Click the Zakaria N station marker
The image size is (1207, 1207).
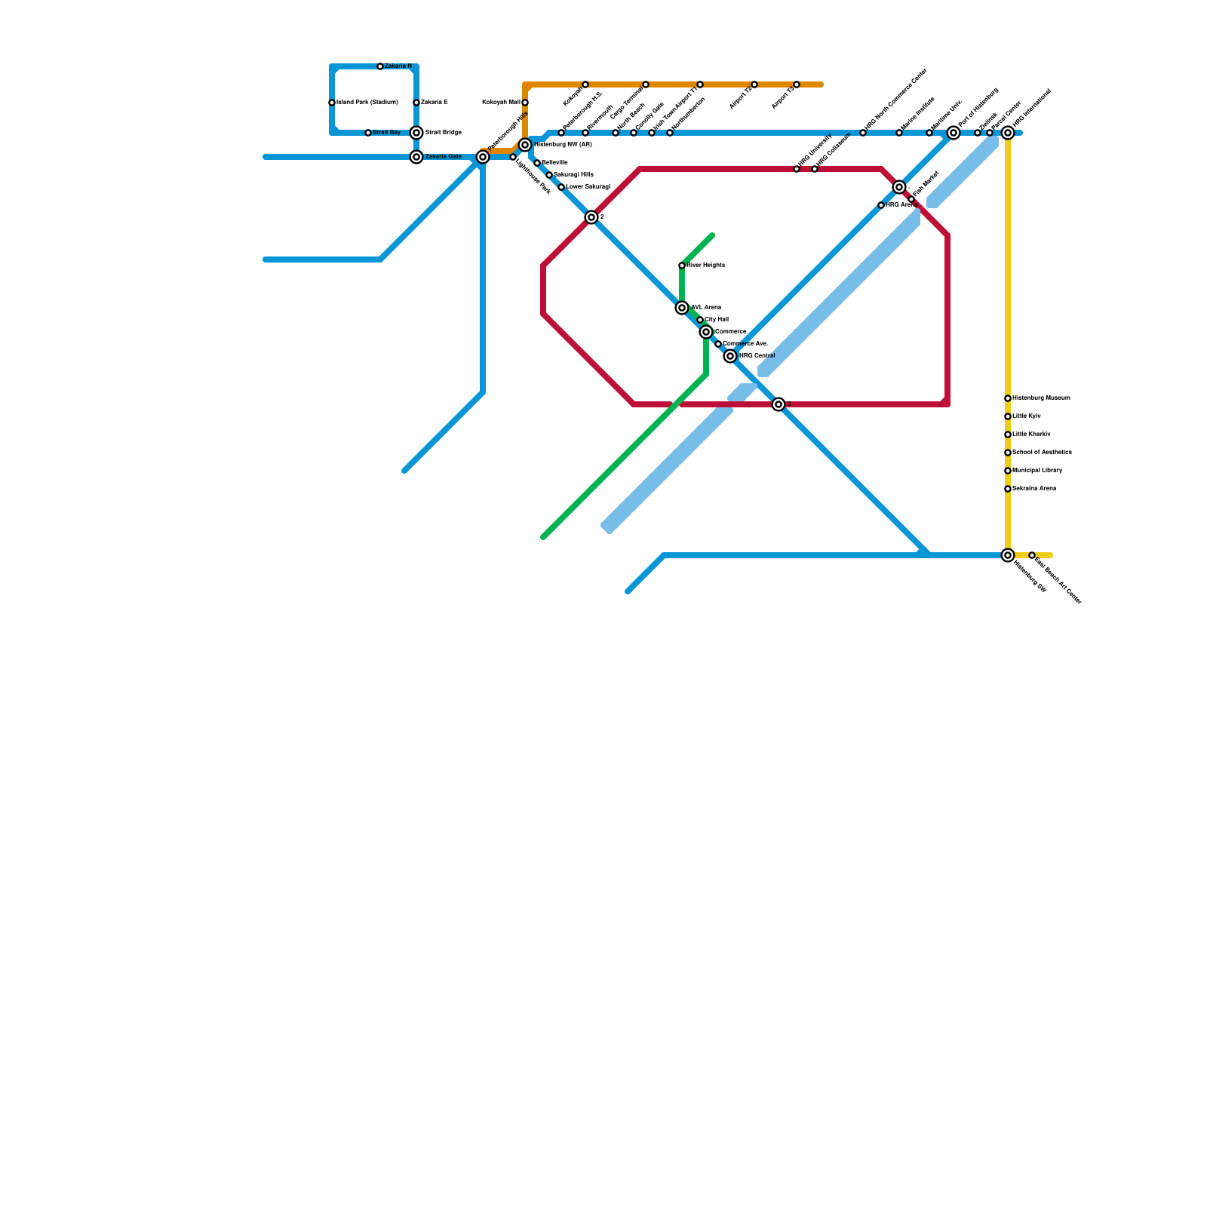[x=380, y=66]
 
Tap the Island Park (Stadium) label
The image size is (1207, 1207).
[x=367, y=102]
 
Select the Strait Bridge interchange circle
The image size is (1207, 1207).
[x=416, y=133]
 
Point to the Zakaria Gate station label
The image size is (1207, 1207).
[x=443, y=156]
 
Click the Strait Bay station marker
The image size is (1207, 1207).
[x=368, y=133]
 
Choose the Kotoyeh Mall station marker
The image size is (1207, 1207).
[x=525, y=103]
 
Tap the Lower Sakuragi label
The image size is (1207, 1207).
[x=588, y=186]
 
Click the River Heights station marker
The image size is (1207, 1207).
[x=682, y=266]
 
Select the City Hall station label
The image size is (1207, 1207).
[x=717, y=320]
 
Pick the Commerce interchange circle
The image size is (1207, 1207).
[x=706, y=332]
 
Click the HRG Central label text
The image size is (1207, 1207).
[x=757, y=355]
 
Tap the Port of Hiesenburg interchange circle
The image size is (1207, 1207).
[x=954, y=133]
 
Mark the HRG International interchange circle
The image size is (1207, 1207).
[x=1008, y=133]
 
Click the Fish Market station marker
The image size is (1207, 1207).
[x=911, y=199]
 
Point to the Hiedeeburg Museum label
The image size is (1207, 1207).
[x=1041, y=398]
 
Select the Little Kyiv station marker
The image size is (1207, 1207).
[x=1008, y=416]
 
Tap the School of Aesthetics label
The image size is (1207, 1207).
[x=1042, y=452]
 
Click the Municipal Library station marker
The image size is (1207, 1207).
[x=1008, y=471]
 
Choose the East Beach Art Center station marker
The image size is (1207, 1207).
[x=1032, y=555]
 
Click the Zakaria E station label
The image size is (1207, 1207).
[x=434, y=102]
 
